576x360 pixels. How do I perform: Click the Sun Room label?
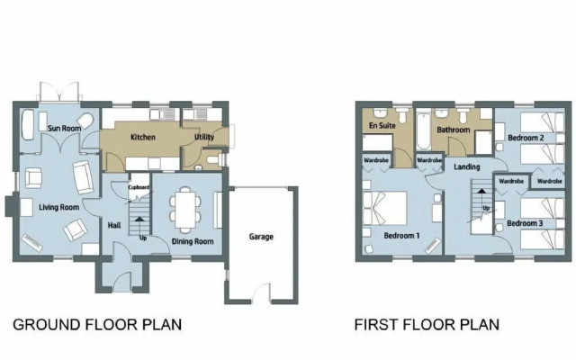pyautogui.click(x=64, y=128)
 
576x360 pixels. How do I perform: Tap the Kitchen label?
pyautogui.click(x=143, y=137)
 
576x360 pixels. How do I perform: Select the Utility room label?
pyautogui.click(x=204, y=137)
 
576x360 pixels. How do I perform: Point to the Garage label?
pyautogui.click(x=261, y=237)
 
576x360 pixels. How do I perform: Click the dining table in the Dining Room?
pyautogui.click(x=185, y=210)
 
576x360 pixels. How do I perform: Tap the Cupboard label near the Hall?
pyautogui.click(x=139, y=187)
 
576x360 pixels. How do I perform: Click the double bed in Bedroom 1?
pyautogui.click(x=384, y=208)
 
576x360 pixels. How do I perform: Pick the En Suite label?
pyautogui.click(x=382, y=126)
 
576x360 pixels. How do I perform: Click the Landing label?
pyautogui.click(x=466, y=166)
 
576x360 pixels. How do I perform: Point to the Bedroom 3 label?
pyautogui.click(x=525, y=223)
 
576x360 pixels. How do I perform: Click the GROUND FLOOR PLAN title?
pyautogui.click(x=97, y=325)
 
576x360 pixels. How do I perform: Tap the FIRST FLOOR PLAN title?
pyautogui.click(x=427, y=325)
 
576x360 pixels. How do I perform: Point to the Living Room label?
pyautogui.click(x=59, y=208)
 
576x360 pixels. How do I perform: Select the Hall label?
pyautogui.click(x=114, y=225)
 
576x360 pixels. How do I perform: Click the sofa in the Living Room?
pyautogui.click(x=84, y=177)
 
